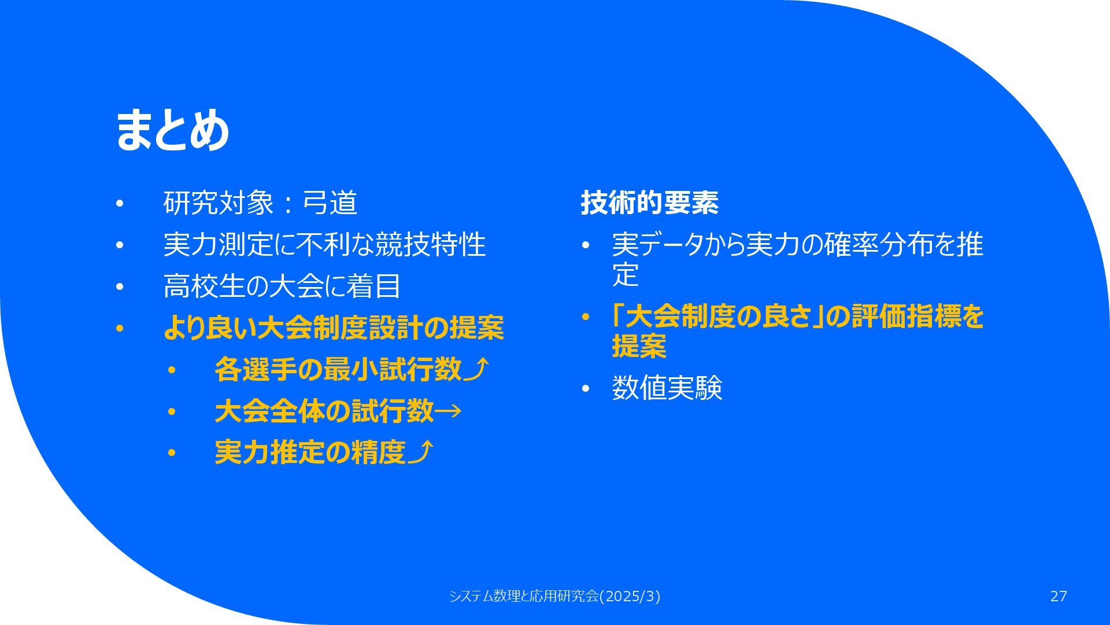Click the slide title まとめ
tap(172, 130)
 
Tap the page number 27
tap(1059, 596)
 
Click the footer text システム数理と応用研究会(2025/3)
tap(554, 596)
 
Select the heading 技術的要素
tap(649, 203)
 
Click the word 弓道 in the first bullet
tap(330, 203)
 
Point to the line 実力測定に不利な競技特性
tap(324, 244)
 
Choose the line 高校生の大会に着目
tap(282, 286)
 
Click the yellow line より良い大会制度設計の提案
tap(334, 328)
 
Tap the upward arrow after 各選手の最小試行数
tap(476, 369)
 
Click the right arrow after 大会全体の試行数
tap(447, 411)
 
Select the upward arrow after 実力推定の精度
tap(420, 452)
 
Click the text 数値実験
tap(667, 388)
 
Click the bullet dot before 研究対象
tap(120, 204)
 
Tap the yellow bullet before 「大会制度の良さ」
tap(585, 317)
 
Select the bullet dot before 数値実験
tap(585, 389)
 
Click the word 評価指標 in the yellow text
tap(906, 316)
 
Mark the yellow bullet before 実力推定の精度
tap(171, 453)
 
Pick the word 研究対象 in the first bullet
tap(219, 203)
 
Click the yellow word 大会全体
tap(269, 411)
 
